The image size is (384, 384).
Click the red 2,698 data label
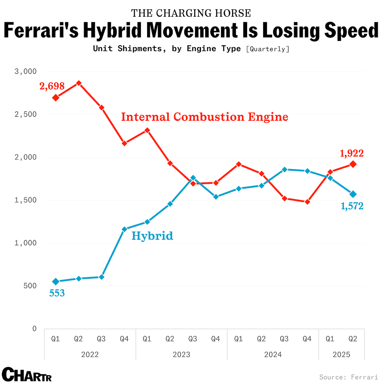coord(52,86)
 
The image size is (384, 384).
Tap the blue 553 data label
coord(57,293)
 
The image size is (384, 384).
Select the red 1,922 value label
coord(352,154)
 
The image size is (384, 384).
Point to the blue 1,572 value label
coord(352,206)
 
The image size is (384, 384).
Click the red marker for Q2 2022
coord(79,83)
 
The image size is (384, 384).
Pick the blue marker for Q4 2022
coord(124,229)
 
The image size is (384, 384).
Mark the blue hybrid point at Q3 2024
coord(284,169)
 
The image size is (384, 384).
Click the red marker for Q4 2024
coord(307,202)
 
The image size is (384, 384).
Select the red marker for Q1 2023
coord(147,130)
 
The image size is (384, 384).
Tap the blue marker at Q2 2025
coord(353,194)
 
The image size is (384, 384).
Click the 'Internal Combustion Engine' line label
coord(205,117)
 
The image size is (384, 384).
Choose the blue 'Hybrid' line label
coord(152,236)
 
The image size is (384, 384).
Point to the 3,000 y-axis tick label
coord(26,71)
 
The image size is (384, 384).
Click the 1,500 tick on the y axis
coord(26,200)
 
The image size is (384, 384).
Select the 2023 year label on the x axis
coord(181,355)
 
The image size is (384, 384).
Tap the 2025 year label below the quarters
coord(341,355)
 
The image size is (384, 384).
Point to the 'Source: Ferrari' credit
coord(348,377)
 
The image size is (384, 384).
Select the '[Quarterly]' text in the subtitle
coord(268,49)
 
